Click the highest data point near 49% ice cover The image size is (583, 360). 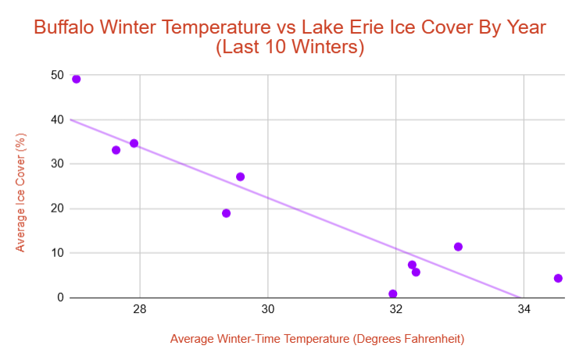(76, 79)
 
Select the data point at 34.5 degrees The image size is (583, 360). (558, 278)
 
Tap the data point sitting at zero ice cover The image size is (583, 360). (392, 294)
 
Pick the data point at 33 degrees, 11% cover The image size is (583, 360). (458, 247)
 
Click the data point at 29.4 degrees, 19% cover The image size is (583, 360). (226, 213)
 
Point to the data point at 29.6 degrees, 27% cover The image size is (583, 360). (240, 176)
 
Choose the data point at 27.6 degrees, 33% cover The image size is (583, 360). (116, 150)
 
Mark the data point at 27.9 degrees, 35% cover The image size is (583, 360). (134, 143)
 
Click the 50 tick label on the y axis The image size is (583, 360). (56, 75)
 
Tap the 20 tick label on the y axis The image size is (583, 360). (56, 209)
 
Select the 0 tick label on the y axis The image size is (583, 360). (59, 298)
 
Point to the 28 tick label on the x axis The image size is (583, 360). (140, 309)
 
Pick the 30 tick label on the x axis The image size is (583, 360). (268, 309)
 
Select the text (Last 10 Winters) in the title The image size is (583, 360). (291, 48)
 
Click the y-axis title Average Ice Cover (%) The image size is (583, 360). (21, 192)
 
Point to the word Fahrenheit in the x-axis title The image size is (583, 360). (435, 339)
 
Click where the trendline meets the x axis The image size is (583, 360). (519, 297)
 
